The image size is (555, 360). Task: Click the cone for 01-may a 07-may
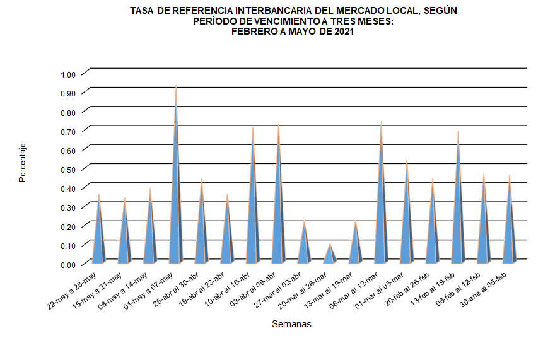[x=175, y=208]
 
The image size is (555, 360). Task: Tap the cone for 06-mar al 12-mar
[x=381, y=214]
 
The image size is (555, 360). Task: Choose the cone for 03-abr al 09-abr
[x=278, y=214]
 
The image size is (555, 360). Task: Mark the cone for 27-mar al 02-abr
[x=304, y=246]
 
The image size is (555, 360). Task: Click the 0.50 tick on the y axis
[x=67, y=169]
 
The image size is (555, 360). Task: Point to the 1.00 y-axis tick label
[x=67, y=74]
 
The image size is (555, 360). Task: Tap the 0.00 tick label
[x=67, y=264]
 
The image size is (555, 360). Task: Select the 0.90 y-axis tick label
[x=67, y=93]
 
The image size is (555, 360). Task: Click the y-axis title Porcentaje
[x=22, y=163]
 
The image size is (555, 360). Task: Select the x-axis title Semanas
[x=291, y=324]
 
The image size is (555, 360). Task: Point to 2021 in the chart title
[x=341, y=32]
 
